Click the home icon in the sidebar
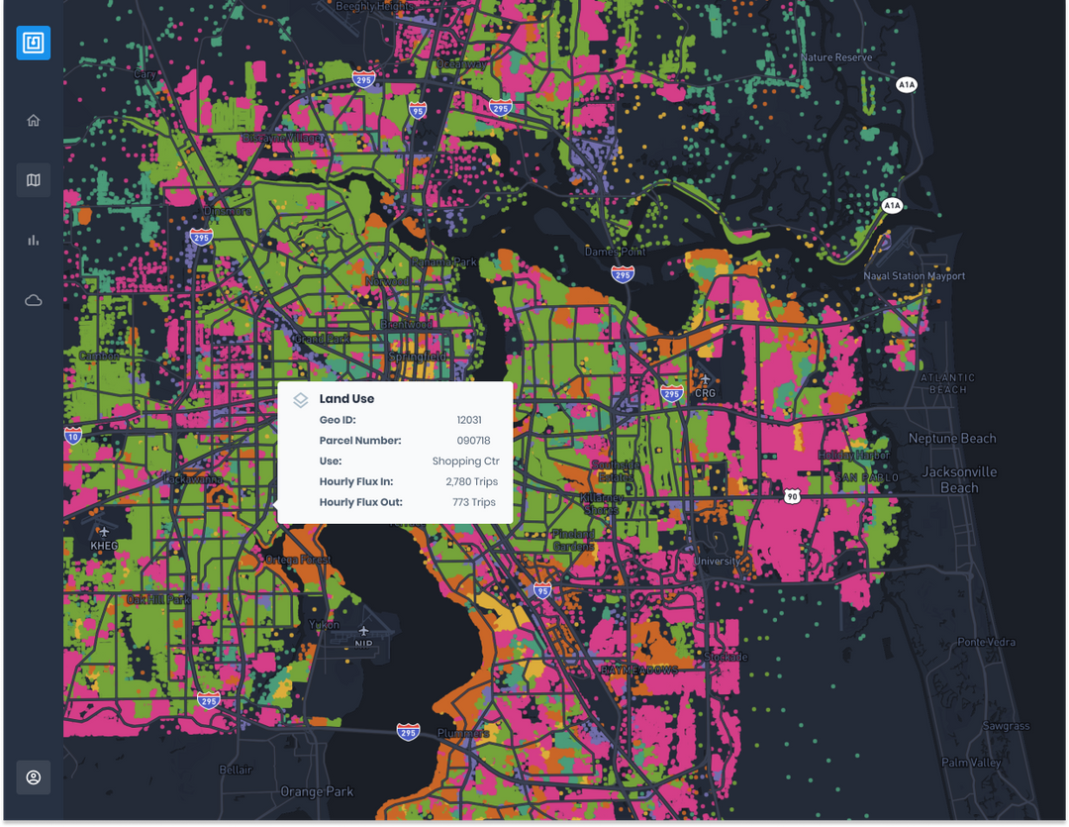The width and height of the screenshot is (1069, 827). [34, 121]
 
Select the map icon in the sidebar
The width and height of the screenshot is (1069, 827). [34, 180]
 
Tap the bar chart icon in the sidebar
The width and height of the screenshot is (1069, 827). [34, 240]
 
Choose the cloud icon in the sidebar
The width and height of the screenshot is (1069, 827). [34, 300]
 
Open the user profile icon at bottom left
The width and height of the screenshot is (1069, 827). [34, 777]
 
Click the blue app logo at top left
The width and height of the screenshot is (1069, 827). [34, 44]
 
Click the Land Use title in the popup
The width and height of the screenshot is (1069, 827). [346, 399]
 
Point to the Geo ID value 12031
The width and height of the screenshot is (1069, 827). [469, 420]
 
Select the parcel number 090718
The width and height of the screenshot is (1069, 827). [473, 441]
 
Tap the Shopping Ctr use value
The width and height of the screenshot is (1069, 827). [465, 462]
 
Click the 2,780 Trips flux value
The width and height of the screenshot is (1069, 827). [471, 482]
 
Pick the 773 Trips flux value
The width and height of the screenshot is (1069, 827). [474, 503]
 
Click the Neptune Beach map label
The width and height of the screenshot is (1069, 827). [952, 439]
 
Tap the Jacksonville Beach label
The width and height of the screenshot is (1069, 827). [958, 479]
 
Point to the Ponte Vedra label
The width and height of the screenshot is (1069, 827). [986, 643]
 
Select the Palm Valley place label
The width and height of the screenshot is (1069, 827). [971, 763]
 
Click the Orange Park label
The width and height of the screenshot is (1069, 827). [316, 792]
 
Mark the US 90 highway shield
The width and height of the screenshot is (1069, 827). [791, 495]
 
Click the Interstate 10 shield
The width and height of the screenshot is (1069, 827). [72, 435]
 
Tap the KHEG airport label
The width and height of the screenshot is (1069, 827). [104, 546]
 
